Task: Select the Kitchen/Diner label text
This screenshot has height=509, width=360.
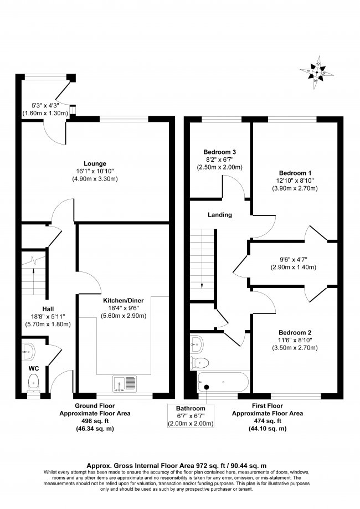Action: pos(124,300)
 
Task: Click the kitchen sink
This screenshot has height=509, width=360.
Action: pos(125,383)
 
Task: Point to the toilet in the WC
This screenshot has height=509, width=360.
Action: pos(34,381)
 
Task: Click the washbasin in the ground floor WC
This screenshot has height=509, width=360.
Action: pos(29,350)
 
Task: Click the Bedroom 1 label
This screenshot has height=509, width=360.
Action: pos(295,172)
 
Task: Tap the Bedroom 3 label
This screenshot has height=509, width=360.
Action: pos(220,152)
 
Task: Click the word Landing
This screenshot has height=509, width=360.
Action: pos(220,215)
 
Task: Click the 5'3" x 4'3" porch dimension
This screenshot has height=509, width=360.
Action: pos(45,105)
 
